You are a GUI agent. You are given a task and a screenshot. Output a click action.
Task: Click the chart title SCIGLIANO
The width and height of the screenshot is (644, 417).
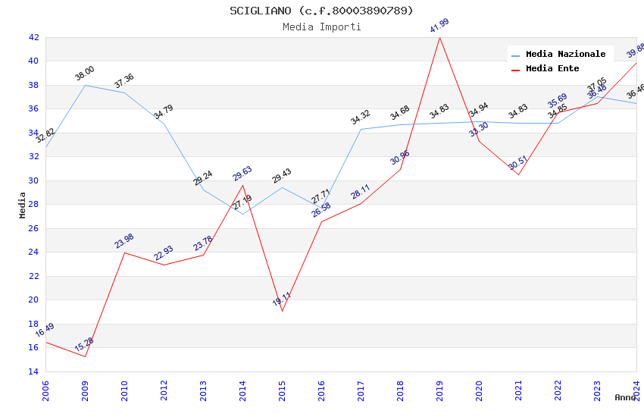click(322, 11)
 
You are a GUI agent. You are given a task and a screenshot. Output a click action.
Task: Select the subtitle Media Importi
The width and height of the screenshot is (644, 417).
click(322, 27)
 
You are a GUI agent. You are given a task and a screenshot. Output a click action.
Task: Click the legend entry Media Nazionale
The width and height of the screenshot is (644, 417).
click(565, 55)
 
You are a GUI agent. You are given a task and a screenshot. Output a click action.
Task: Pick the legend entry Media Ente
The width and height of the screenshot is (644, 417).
click(552, 69)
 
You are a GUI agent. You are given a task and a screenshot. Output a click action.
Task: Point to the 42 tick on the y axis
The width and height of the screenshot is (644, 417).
click(33, 37)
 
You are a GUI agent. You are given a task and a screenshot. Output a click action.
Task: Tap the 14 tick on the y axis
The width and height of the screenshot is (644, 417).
click(33, 372)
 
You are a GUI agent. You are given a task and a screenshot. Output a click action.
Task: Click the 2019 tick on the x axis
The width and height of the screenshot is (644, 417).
click(439, 389)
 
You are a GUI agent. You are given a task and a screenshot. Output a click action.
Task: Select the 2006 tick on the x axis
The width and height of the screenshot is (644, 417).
click(45, 389)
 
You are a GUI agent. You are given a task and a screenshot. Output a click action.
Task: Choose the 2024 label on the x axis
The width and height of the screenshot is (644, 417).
click(636, 389)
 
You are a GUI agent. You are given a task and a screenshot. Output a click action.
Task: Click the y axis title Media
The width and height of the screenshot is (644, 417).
click(23, 205)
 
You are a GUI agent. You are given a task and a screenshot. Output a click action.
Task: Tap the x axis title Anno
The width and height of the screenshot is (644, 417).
click(625, 397)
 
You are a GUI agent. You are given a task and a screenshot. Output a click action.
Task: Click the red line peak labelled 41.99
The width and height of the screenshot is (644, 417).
click(439, 37)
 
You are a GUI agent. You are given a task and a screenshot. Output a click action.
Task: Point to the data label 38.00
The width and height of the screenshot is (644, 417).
click(85, 74)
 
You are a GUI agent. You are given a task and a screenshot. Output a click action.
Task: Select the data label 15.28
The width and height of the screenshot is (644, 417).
click(84, 345)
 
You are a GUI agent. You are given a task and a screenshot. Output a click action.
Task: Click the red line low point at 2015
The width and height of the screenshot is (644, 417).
click(282, 311)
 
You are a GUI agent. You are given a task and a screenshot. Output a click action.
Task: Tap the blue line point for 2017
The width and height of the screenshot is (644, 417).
click(361, 129)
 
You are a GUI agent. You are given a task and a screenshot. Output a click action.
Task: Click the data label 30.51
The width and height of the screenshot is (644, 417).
click(518, 163)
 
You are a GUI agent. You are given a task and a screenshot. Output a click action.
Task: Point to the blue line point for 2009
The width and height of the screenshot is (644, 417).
click(85, 85)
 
